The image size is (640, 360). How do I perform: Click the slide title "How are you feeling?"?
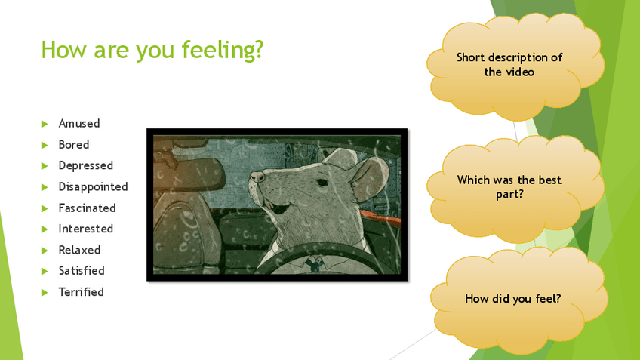coord(152,50)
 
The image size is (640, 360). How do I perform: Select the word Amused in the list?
coord(79,123)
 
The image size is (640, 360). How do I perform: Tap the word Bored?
coord(74,144)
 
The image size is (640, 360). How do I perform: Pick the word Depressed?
coord(86,166)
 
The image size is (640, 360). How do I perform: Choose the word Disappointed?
coord(93,187)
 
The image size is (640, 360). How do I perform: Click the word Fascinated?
coord(87,208)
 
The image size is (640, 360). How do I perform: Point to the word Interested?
coord(86,229)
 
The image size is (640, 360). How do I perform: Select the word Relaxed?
coord(79,250)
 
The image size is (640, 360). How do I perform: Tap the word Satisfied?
coord(82,271)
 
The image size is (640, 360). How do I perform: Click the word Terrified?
coord(82,292)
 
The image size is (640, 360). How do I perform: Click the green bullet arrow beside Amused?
coord(45,124)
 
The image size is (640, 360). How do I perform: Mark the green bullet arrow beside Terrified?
coord(45,292)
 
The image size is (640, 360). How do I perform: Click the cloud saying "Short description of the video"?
coord(515,66)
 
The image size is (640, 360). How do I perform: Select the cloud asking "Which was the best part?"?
coord(515,188)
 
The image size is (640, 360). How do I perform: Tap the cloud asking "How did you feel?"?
coord(518,300)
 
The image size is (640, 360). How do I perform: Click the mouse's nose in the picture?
coord(257,177)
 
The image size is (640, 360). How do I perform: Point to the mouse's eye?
coord(322,183)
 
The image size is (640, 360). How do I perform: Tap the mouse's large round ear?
coord(369,178)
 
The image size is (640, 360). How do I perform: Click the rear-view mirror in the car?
coord(189,174)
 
